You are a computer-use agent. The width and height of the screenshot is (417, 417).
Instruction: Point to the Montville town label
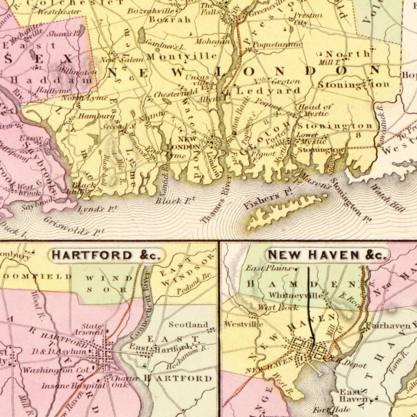(x=182, y=56)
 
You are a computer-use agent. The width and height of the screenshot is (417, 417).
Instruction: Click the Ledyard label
(x=269, y=91)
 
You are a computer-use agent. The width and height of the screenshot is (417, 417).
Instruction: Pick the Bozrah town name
(x=170, y=20)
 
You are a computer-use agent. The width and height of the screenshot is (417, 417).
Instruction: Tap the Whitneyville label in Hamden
(x=296, y=296)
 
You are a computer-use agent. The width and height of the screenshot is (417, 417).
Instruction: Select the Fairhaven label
(x=388, y=326)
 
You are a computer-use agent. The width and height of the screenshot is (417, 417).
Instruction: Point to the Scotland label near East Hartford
(x=188, y=325)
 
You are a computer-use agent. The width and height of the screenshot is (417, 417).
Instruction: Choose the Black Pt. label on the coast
(x=175, y=200)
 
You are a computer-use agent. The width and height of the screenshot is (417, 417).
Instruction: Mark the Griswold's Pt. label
(x=74, y=226)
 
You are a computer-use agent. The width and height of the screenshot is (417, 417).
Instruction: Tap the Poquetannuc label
(x=278, y=44)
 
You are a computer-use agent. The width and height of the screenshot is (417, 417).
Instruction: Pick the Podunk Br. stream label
(x=194, y=284)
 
